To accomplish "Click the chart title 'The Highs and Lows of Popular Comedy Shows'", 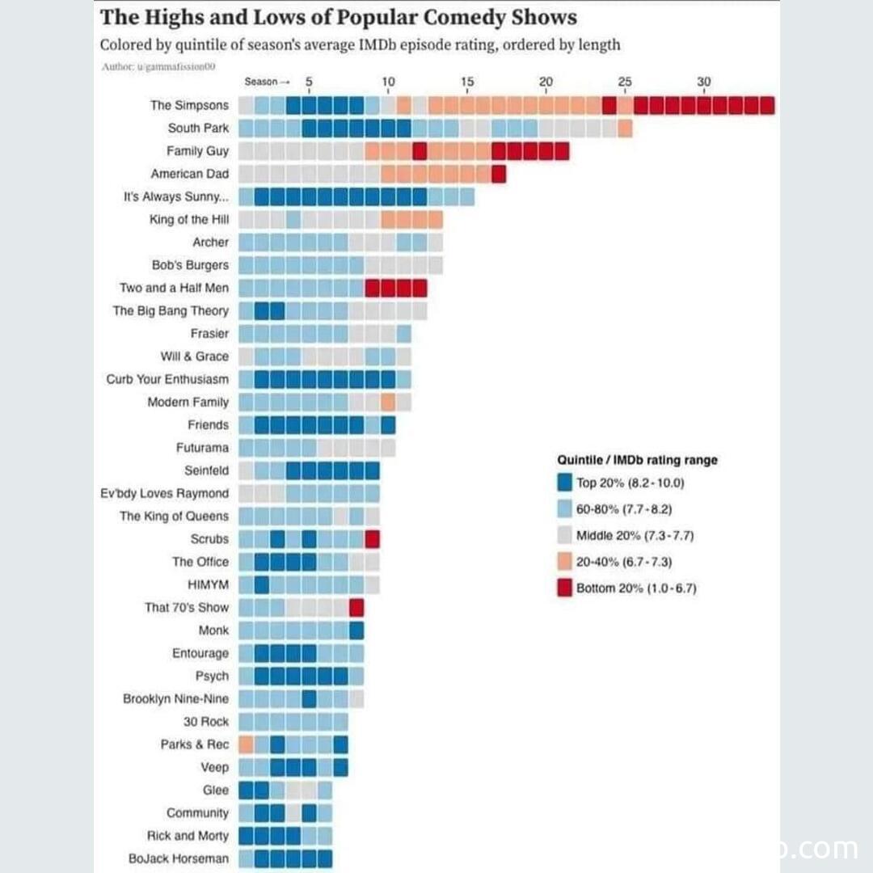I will coord(338,18).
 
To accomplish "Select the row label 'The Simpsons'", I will coord(189,105).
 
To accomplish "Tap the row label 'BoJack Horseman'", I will coord(179,858).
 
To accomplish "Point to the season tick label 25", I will coord(625,82).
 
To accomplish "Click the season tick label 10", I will coord(388,82).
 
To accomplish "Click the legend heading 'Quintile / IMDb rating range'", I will coord(637,460).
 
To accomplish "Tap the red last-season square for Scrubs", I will coord(372,539).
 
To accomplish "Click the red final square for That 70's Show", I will coord(356,607).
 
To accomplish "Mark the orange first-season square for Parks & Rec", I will coord(247,744).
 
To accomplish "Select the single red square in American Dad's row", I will coord(499,174).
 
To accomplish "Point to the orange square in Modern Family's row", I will coord(388,402).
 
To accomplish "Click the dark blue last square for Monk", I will coord(356,630).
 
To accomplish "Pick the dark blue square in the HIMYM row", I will coord(262,584).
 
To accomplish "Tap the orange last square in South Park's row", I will coord(625,128).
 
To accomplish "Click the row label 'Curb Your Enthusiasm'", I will coord(167,379).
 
